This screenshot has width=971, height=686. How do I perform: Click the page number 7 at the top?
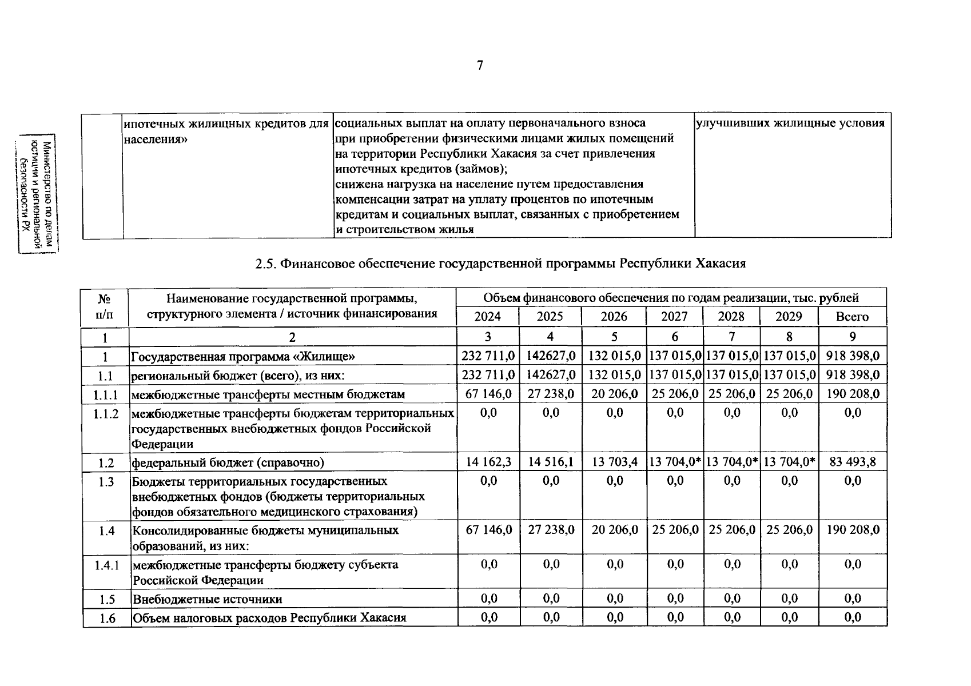480,66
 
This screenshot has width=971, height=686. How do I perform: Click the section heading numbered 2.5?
500,264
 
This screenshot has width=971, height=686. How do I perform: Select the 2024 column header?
487,317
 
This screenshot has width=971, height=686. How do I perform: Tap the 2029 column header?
789,317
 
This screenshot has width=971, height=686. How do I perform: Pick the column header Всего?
852,317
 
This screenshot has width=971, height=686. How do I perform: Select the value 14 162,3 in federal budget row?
488,462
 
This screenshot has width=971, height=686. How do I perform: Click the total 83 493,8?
852,462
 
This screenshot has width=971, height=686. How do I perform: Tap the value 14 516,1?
551,462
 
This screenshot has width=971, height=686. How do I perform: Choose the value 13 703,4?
615,462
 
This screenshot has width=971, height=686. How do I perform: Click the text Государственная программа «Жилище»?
243,357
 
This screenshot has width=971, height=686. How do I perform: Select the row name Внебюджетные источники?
208,599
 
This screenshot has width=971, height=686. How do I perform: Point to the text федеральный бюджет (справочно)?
228,462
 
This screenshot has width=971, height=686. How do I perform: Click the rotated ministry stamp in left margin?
38,194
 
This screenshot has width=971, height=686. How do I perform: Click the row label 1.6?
107,618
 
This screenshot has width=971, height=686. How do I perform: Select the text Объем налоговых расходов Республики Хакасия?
269,618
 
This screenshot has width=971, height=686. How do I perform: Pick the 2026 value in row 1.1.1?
615,394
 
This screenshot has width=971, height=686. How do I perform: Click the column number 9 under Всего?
852,337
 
